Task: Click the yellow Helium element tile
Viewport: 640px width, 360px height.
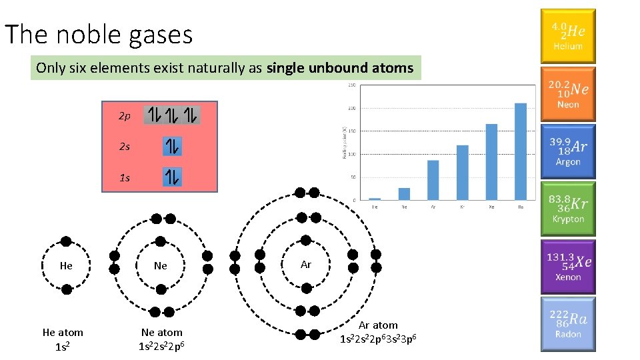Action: (568, 36)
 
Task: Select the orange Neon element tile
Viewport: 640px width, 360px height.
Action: (568, 94)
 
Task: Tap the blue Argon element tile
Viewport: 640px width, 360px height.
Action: (568, 151)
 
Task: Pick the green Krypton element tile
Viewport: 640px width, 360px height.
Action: (568, 209)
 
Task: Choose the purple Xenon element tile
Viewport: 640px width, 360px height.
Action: (568, 266)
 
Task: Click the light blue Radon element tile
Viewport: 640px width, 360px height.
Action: (568, 324)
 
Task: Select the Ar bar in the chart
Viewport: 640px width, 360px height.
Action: (433, 179)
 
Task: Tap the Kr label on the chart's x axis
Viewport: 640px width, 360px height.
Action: (462, 207)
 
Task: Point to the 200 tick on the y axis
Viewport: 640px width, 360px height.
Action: (351, 108)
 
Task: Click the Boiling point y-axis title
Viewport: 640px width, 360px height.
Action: (343, 142)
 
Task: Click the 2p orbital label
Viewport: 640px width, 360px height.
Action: (125, 116)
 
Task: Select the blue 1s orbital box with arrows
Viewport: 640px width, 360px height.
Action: (172, 177)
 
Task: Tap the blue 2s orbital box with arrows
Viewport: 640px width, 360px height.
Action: (172, 147)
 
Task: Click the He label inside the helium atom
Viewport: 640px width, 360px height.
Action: (66, 265)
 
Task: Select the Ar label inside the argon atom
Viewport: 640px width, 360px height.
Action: (306, 265)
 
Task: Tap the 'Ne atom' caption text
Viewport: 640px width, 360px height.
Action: (161, 332)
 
